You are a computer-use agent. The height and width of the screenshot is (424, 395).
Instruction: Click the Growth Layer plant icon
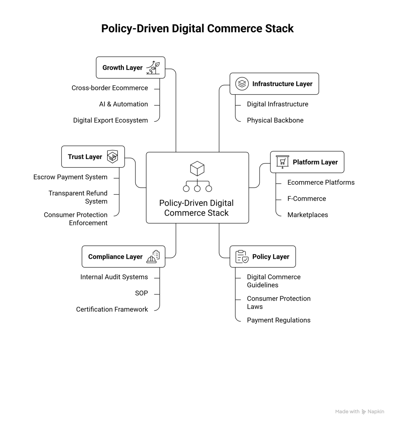pos(153,67)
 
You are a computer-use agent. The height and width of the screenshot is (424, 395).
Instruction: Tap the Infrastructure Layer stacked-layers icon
pos(242,84)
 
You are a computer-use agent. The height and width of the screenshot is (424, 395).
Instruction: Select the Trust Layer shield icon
pos(112,157)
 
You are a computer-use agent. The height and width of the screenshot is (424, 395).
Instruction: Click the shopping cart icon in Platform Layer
pos(282,162)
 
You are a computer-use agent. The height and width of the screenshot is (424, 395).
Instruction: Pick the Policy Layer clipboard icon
pos(242,257)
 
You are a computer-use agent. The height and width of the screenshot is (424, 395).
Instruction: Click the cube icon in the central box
pos(197,169)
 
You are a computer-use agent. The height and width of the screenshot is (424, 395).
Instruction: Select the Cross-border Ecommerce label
pos(110,88)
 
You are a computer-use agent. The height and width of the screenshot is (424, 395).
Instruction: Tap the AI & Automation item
pos(123,104)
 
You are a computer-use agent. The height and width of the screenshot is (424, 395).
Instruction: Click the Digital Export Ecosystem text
pos(111,120)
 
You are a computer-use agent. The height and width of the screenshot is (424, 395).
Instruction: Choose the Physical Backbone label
pos(275,120)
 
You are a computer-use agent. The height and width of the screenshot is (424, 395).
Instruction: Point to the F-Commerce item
pos(306,198)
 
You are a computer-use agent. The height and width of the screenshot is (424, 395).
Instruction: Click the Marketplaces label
pos(308,214)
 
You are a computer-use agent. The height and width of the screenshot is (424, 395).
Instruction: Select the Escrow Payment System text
pos(70,177)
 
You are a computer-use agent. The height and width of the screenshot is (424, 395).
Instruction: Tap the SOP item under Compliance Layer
pos(141,293)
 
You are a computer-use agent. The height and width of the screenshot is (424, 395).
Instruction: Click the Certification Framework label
pos(112,309)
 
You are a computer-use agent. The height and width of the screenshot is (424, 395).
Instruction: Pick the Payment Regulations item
pos(279,320)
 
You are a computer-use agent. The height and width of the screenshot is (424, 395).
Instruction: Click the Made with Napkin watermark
pos(359,412)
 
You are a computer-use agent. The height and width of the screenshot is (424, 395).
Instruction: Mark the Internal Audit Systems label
pos(114,277)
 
